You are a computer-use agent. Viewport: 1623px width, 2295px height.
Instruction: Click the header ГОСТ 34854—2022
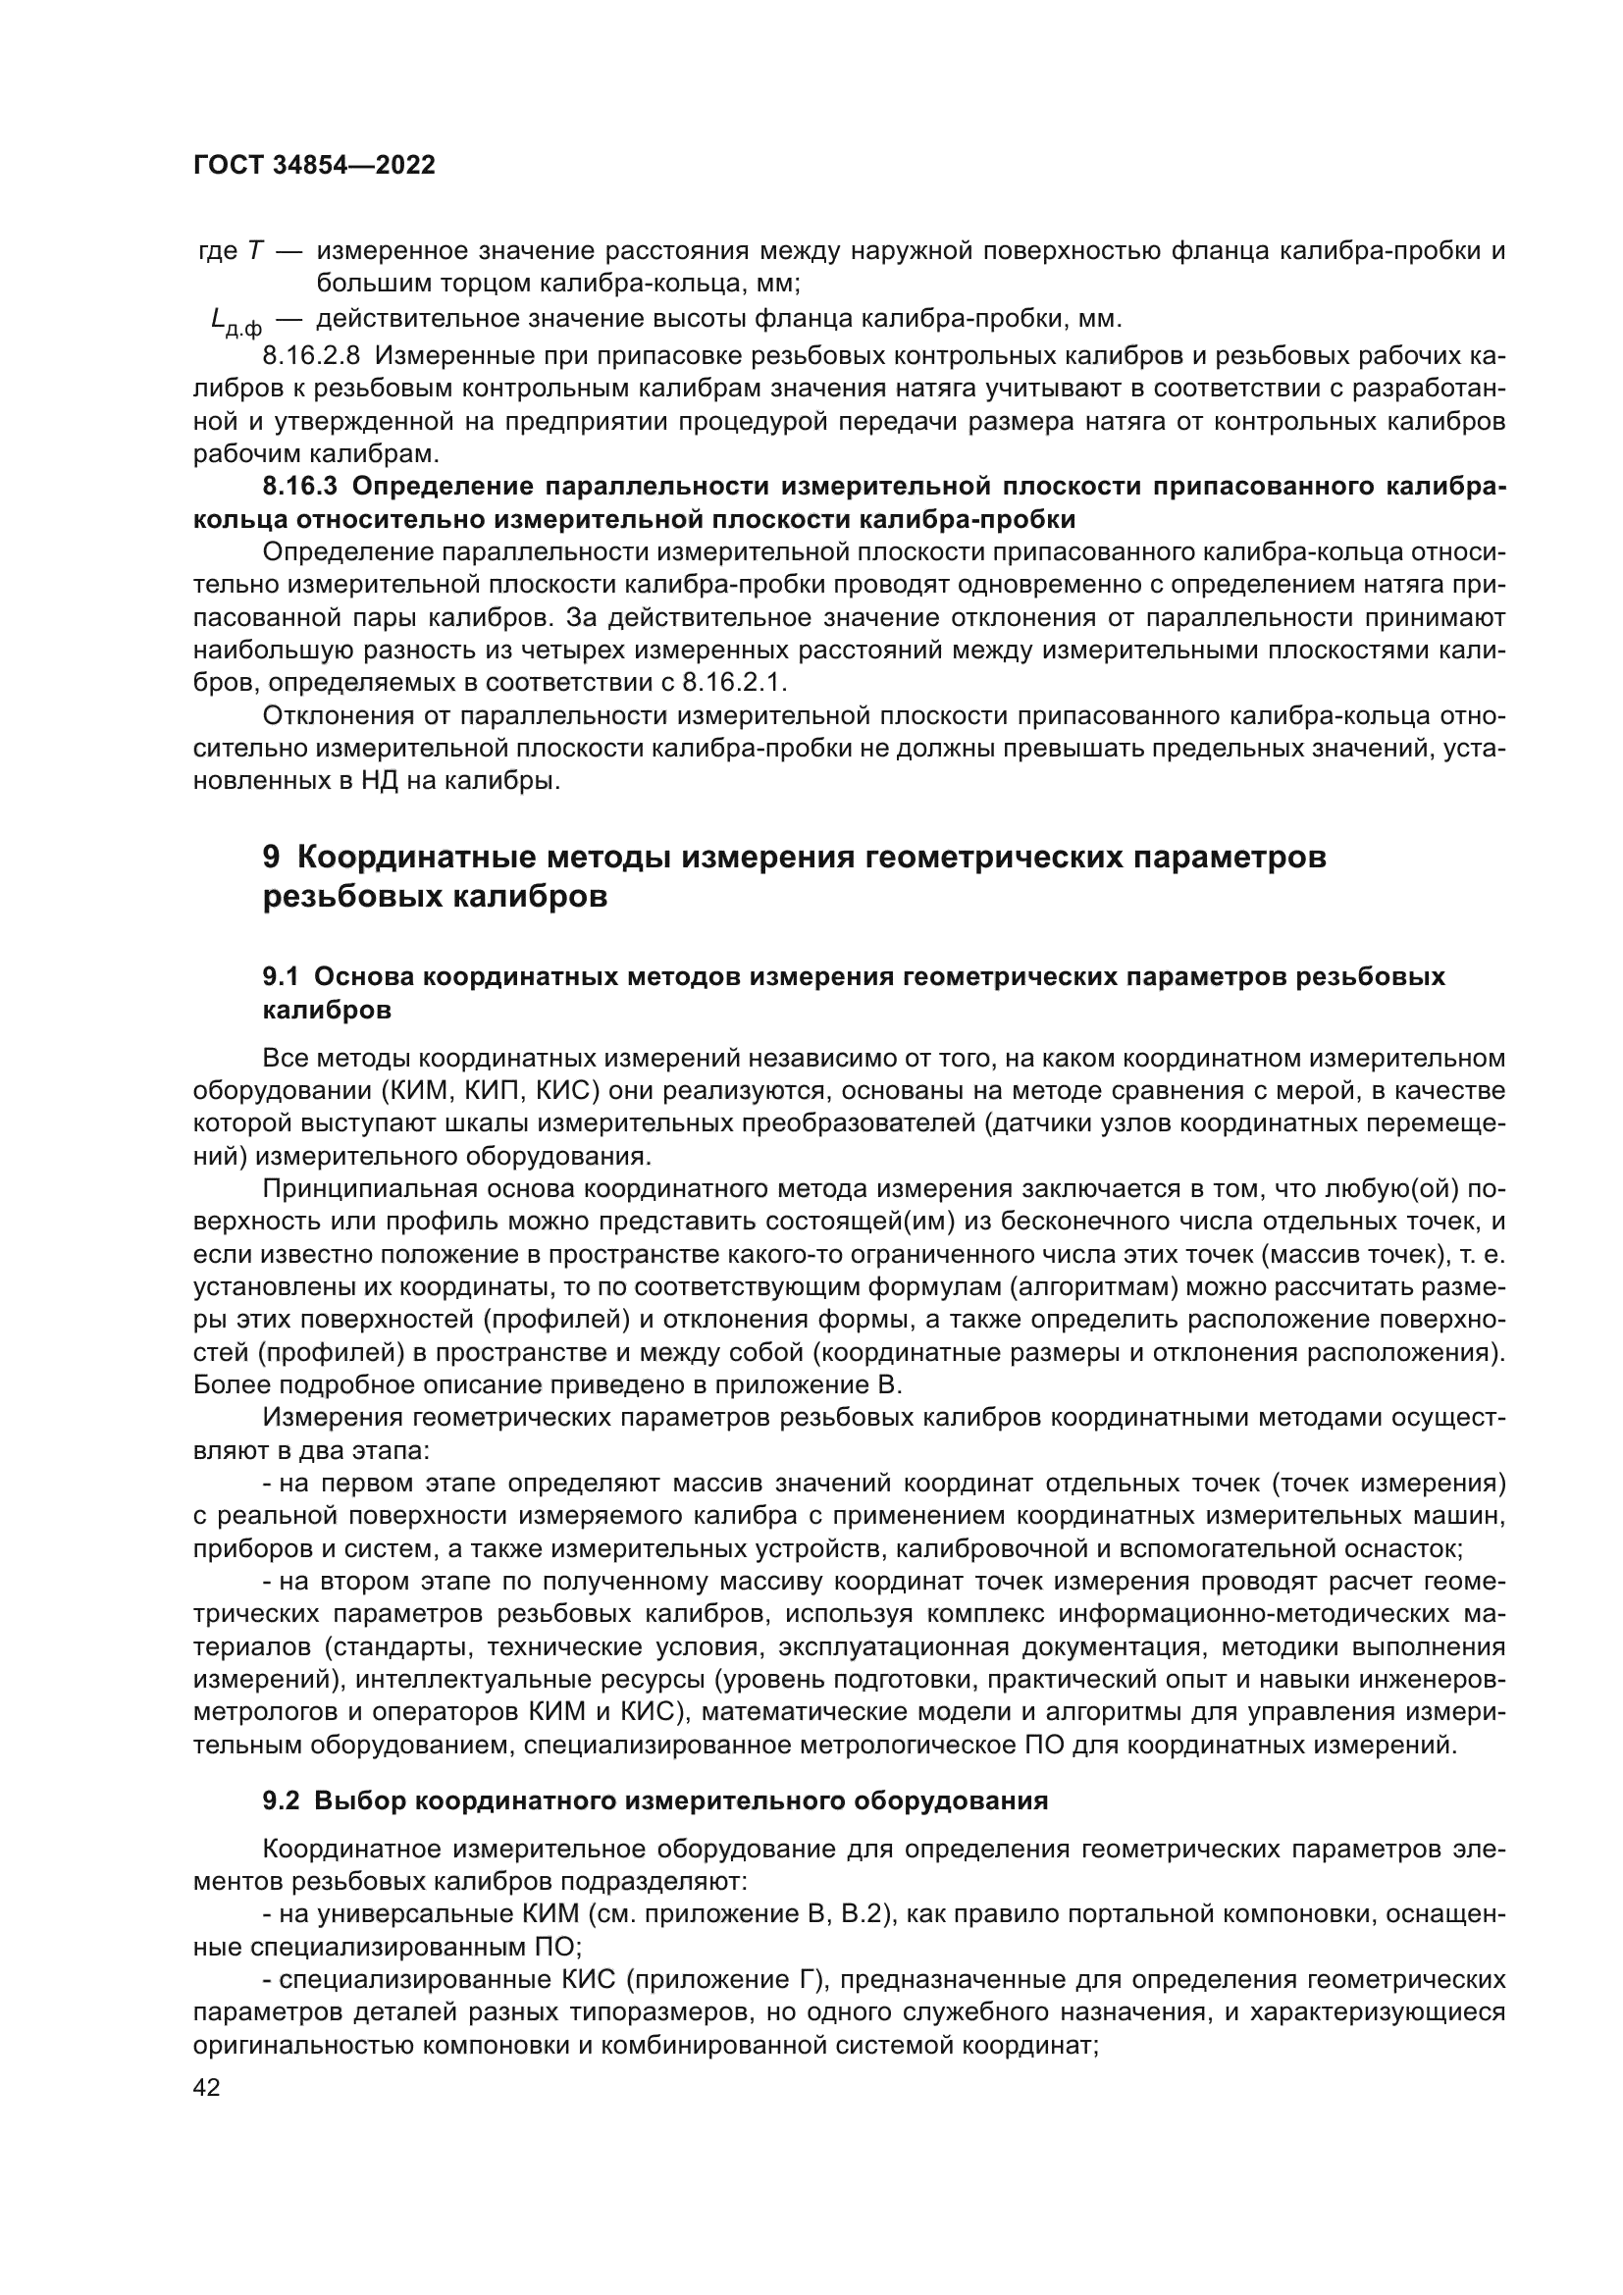pos(314,166)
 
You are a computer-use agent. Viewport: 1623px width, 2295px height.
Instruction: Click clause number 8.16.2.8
pos(311,356)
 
